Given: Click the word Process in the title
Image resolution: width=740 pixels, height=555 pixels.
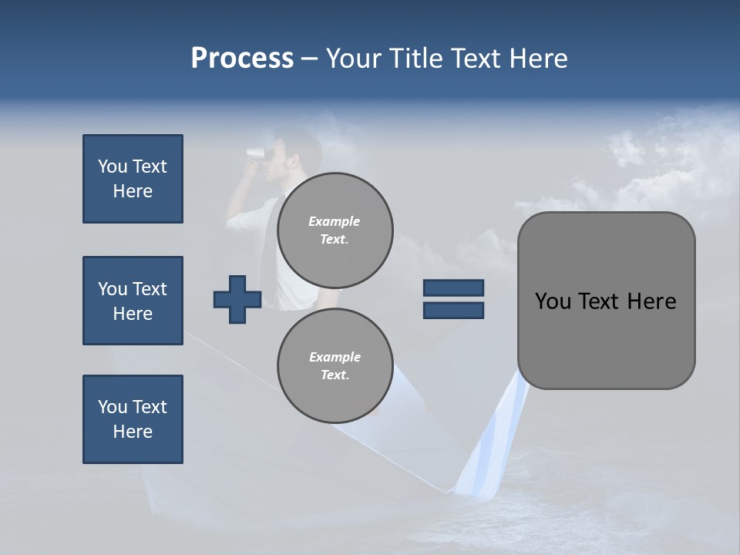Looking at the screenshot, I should click(242, 59).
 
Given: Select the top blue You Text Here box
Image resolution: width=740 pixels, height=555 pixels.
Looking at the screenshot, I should click(133, 179).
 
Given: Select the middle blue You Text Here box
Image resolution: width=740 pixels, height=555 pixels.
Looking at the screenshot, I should click(133, 301).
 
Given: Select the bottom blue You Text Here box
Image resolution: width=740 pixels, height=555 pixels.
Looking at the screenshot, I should click(133, 419).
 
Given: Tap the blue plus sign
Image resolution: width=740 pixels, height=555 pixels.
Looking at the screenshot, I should click(237, 298).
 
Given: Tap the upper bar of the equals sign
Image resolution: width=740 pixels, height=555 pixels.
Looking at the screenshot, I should click(453, 288).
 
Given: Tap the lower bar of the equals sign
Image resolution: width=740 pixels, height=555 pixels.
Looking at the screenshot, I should click(453, 310).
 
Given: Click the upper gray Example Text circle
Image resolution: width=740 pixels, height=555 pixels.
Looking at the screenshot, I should click(335, 230).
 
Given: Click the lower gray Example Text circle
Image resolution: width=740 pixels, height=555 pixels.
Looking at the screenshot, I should click(335, 365).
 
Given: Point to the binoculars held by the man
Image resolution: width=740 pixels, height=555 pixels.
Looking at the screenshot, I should click(257, 153).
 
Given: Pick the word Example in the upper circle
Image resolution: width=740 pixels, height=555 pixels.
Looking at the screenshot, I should click(335, 221).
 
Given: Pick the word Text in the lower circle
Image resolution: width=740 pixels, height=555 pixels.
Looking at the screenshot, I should click(334, 375).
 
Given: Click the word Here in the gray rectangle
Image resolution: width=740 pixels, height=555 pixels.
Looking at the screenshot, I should click(651, 301).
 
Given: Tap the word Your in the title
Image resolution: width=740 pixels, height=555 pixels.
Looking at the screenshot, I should click(351, 59).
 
